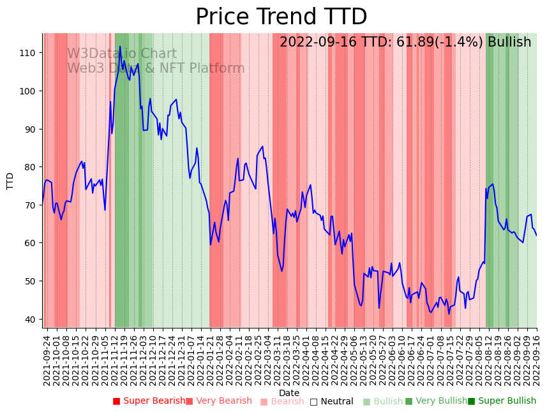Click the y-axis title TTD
10,180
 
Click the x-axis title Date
289,394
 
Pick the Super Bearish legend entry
149,401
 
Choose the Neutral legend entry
331,402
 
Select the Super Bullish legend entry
502,401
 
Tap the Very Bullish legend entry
436,401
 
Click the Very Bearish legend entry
219,401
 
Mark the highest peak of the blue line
119,47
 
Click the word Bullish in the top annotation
509,43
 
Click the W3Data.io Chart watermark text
121,54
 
